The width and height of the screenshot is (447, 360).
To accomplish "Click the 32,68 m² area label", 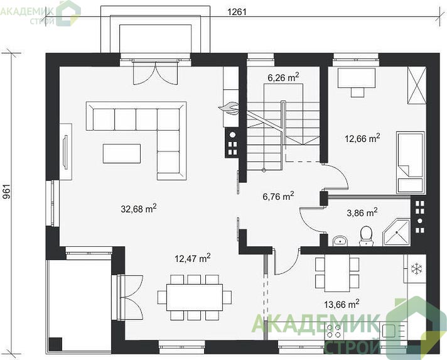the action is click(x=139, y=209).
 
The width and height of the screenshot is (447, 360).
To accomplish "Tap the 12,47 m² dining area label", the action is click(x=193, y=258).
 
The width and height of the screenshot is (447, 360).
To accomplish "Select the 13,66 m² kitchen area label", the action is click(x=342, y=304).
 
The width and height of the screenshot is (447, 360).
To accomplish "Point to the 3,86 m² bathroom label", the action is click(x=362, y=212).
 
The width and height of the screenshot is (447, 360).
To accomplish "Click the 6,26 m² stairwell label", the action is click(x=283, y=77).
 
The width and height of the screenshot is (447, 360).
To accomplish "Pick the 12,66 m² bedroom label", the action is click(x=362, y=139).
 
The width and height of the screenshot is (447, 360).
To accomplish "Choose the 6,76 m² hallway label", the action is click(x=278, y=196).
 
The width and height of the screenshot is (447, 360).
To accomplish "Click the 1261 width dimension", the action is click(x=237, y=12).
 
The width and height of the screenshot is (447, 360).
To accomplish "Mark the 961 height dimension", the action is click(x=6, y=192).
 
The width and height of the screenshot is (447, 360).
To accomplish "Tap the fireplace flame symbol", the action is click(x=229, y=108).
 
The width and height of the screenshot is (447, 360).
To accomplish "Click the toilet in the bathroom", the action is click(x=366, y=236).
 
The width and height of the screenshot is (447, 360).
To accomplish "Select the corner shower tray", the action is click(x=396, y=232).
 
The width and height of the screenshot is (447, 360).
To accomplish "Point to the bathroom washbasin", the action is click(x=340, y=241).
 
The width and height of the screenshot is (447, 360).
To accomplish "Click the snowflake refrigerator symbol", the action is click(x=416, y=268).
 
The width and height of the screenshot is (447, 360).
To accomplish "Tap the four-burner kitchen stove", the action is click(x=334, y=331).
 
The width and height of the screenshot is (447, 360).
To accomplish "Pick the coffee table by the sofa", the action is click(x=122, y=153).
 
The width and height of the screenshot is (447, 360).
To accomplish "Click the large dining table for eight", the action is click(x=195, y=297).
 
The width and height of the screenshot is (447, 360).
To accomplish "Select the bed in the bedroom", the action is click(x=411, y=163).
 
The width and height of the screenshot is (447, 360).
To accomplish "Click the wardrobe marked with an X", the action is click(x=417, y=85).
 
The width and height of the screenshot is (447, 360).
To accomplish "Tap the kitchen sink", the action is click(x=393, y=331).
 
